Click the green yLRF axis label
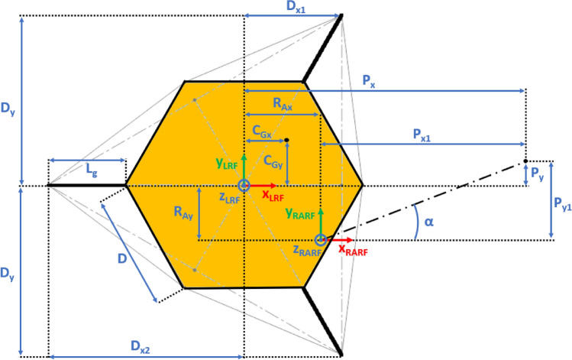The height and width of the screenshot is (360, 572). [226, 164]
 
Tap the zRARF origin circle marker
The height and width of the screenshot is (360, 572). [320, 239]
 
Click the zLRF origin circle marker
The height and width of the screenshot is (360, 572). [244, 186]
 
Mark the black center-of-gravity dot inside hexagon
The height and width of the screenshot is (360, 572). [286, 140]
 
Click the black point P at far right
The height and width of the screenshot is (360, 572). [525, 161]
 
